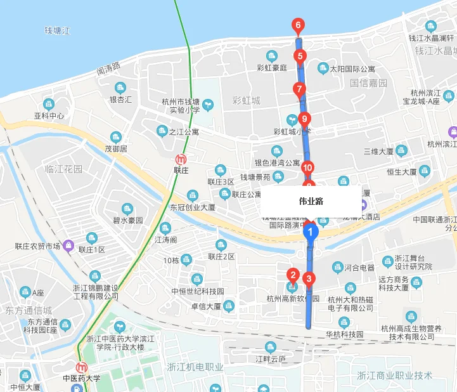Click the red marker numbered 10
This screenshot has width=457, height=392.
click(307, 167)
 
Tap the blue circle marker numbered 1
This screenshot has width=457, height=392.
click(311, 232)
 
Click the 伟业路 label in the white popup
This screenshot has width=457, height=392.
click(311, 201)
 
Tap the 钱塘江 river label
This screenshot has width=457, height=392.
click(56, 30)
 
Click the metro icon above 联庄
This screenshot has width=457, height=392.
click(182, 159)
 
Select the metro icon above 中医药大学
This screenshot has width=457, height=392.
click(82, 368)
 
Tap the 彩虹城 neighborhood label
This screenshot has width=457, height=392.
click(247, 101)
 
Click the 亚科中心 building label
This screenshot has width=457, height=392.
click(49, 116)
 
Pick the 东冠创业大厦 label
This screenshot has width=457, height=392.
click(193, 207)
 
